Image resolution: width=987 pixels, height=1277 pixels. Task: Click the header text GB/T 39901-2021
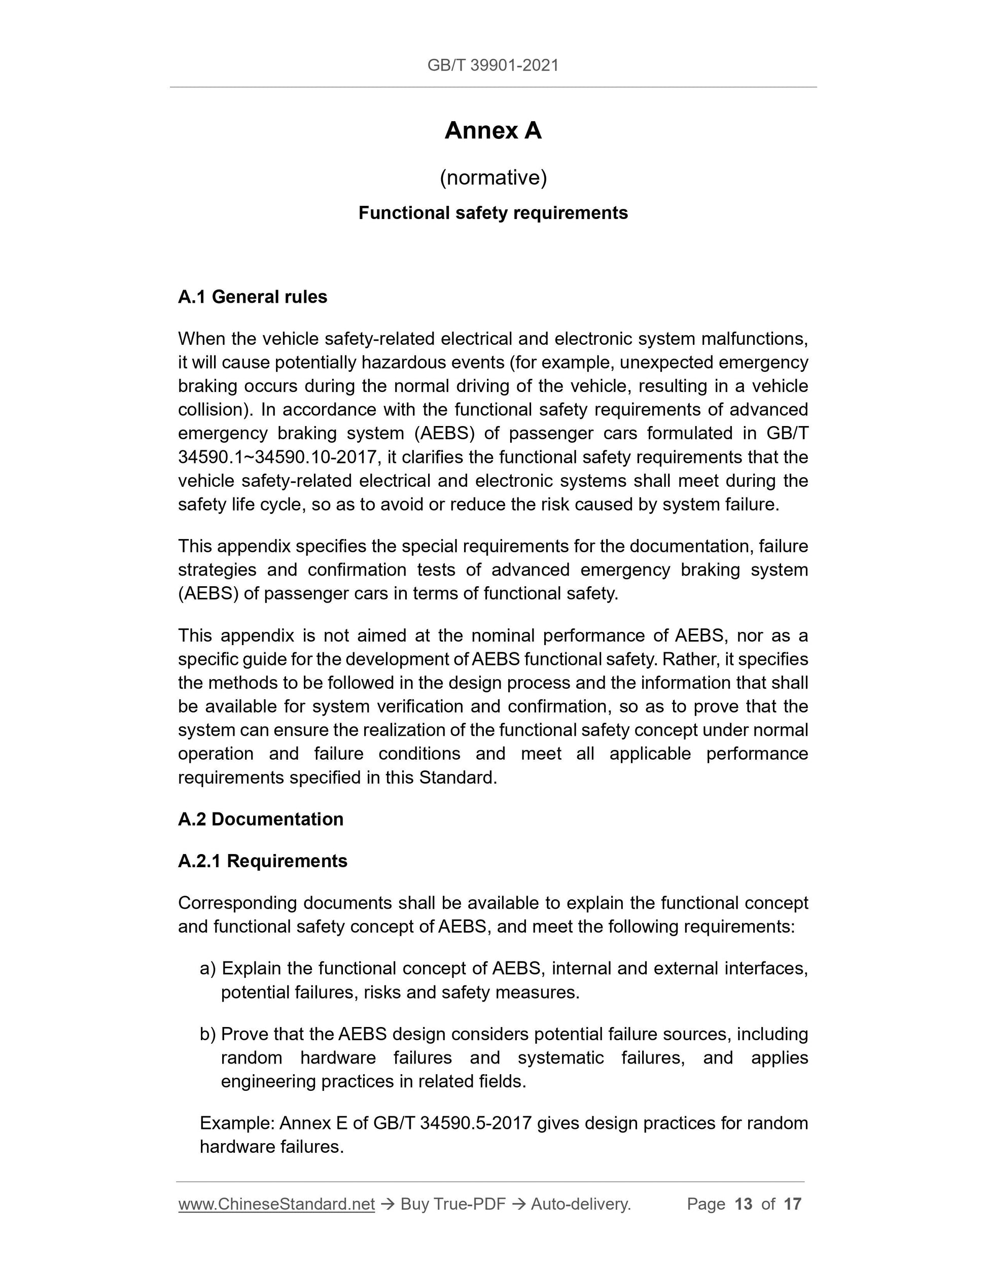click(x=493, y=65)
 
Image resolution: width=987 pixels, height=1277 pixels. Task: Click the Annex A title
click(x=493, y=130)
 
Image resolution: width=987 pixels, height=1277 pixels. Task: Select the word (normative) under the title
click(x=493, y=177)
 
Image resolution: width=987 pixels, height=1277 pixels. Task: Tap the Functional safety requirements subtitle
click(x=493, y=213)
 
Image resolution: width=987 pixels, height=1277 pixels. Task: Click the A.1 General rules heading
click(x=252, y=297)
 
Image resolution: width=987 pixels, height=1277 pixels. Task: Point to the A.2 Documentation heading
click(x=260, y=819)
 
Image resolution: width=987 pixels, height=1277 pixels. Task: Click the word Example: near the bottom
click(x=237, y=1123)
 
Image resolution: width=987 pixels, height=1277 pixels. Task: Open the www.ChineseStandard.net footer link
click(x=276, y=1204)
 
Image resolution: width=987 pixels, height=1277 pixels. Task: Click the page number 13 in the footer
click(x=743, y=1204)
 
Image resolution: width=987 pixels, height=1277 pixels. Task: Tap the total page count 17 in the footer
click(x=792, y=1204)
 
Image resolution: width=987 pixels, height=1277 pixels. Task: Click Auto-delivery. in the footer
click(x=581, y=1204)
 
